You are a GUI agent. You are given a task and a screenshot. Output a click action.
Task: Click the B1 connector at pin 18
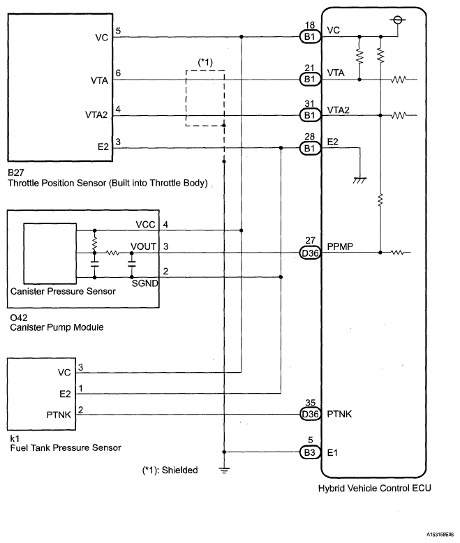310,36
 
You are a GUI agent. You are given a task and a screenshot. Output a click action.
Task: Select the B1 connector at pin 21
310,80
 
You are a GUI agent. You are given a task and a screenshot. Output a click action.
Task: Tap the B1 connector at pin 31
310,115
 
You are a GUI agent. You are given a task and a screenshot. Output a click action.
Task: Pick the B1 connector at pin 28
310,149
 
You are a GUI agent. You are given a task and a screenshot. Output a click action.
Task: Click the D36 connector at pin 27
310,253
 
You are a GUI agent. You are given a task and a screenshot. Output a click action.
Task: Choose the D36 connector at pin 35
310,414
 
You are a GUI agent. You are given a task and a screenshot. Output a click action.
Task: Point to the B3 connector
310,452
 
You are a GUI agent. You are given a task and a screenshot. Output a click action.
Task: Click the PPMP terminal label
340,246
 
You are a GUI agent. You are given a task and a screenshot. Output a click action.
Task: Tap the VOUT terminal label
143,246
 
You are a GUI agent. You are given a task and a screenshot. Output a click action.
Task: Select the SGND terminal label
144,283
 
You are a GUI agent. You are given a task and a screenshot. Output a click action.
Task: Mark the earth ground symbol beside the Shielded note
224,470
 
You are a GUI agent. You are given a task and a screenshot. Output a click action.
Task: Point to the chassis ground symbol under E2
359,180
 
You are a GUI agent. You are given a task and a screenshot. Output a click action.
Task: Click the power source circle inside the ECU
398,20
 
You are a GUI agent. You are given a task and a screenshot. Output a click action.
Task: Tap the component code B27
16,172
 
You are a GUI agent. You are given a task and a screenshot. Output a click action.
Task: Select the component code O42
19,318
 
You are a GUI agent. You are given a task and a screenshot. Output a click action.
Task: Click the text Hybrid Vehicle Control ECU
374,489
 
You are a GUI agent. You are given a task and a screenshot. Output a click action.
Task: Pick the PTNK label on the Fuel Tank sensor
59,415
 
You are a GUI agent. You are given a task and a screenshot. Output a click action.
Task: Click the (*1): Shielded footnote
170,470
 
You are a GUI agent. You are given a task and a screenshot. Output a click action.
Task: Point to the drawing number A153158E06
440,535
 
